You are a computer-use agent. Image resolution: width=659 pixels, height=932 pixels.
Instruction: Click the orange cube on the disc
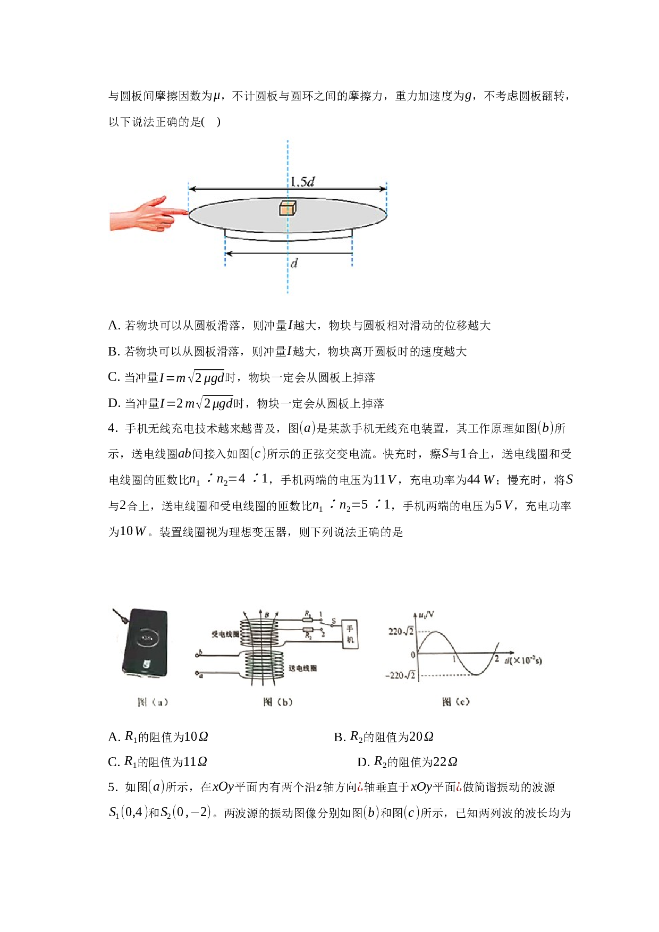point(288,208)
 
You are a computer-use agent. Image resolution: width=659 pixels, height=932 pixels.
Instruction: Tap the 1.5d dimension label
point(302,182)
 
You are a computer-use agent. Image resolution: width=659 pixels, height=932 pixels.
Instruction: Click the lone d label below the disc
point(294,262)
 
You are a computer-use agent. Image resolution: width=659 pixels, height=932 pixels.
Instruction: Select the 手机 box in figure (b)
point(350,634)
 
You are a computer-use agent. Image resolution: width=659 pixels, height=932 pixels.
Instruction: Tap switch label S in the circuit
point(334,621)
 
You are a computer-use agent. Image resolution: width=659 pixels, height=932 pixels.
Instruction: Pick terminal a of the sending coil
point(199,674)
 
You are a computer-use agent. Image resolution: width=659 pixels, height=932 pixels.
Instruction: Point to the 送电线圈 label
point(302,668)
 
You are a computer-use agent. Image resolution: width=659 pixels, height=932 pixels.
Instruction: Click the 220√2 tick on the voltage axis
point(401,631)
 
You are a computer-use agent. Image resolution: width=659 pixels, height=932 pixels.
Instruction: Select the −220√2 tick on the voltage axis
point(400,675)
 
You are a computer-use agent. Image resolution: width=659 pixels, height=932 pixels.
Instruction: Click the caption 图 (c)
point(456,702)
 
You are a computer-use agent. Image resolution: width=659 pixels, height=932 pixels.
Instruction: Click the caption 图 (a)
point(153,702)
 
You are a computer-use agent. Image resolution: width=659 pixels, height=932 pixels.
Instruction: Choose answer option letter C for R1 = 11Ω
point(113,762)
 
